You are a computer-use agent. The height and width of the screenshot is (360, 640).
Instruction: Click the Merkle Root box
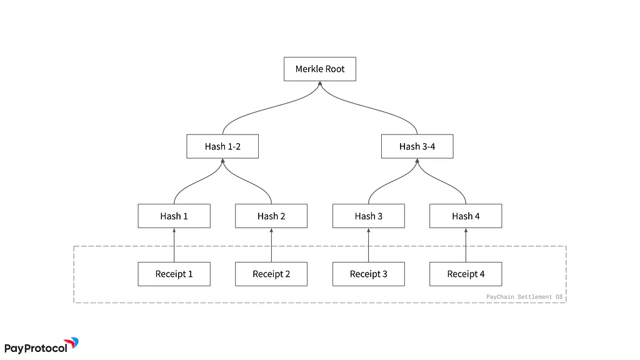click(x=320, y=69)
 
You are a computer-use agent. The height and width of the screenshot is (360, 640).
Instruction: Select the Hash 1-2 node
click(x=222, y=146)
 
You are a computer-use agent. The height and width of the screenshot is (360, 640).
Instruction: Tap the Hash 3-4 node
click(x=417, y=146)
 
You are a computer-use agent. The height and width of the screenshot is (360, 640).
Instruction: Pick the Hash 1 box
click(x=174, y=216)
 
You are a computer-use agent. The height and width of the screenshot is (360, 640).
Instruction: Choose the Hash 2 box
click(x=271, y=216)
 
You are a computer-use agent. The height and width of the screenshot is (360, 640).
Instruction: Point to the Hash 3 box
click(x=369, y=216)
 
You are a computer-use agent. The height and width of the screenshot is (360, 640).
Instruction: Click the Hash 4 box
click(x=466, y=216)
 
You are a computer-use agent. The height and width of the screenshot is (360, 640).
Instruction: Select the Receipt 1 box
click(x=174, y=274)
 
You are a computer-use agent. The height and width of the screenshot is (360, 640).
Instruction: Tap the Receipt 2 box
click(x=271, y=274)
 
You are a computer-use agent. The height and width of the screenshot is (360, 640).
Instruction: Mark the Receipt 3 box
click(x=369, y=274)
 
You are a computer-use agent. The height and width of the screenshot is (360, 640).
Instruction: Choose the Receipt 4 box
click(x=466, y=274)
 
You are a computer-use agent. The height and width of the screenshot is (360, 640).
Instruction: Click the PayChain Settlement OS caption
click(x=524, y=297)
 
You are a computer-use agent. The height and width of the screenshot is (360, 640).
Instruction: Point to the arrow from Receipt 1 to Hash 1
click(x=174, y=245)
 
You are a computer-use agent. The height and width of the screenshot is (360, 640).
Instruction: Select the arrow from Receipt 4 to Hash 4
click(x=466, y=245)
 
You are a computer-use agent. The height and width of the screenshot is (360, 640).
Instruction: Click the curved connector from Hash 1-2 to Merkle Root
click(x=271, y=108)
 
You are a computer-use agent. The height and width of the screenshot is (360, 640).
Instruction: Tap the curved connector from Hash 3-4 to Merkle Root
click(x=369, y=108)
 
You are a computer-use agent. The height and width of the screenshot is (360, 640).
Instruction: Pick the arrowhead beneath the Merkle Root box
click(x=320, y=83)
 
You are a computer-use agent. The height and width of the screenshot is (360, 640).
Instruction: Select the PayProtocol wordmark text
click(x=36, y=349)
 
